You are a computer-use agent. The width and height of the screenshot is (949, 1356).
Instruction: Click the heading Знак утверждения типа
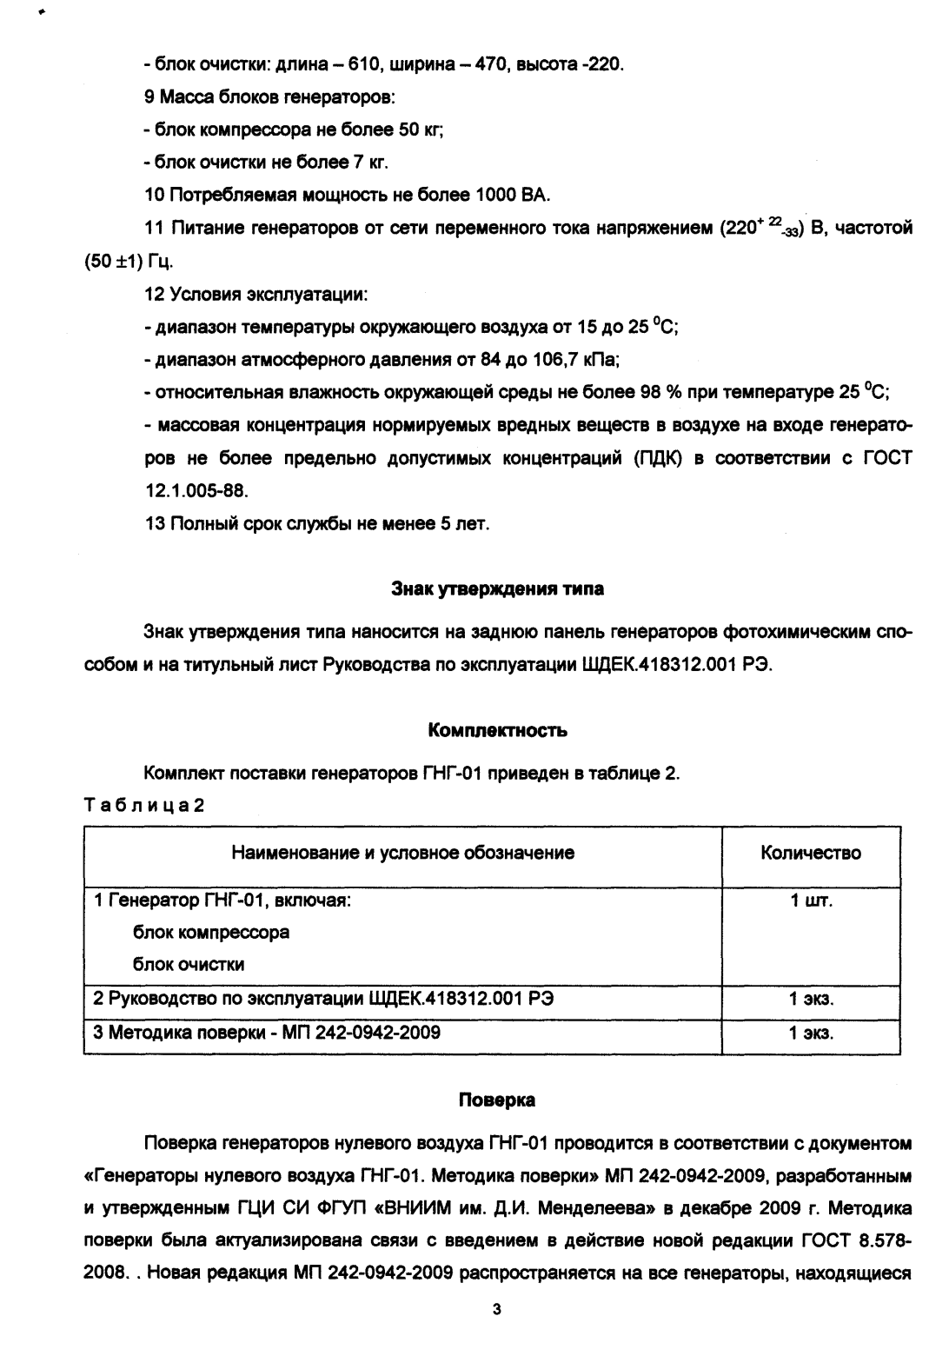click(x=498, y=589)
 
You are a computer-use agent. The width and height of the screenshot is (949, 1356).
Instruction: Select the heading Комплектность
click(x=498, y=731)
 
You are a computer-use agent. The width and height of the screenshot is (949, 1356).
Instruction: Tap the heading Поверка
click(x=497, y=1100)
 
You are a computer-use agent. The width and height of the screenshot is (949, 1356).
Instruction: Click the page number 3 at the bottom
click(x=496, y=1309)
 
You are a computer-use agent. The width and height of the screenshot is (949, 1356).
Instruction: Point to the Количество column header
click(x=810, y=853)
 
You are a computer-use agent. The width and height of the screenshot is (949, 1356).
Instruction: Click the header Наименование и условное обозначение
click(x=402, y=853)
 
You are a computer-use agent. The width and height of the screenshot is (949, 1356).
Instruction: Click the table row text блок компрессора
click(x=210, y=933)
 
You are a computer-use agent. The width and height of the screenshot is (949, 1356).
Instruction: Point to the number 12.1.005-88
click(x=196, y=491)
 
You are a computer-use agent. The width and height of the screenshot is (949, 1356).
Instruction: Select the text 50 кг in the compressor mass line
click(x=421, y=130)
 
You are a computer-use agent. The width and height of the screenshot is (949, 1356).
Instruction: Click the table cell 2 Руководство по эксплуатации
click(x=323, y=1000)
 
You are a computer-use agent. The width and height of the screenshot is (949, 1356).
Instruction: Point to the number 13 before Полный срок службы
click(x=154, y=523)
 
